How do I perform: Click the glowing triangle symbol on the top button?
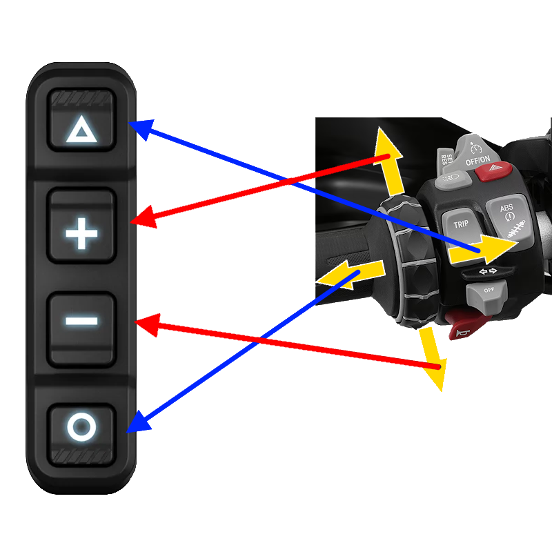81,129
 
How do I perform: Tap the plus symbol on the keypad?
81,235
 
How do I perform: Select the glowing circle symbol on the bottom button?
81,426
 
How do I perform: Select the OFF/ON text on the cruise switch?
478,160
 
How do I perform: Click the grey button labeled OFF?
487,292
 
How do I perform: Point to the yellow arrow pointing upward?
386,155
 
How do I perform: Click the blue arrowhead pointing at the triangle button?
139,128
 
